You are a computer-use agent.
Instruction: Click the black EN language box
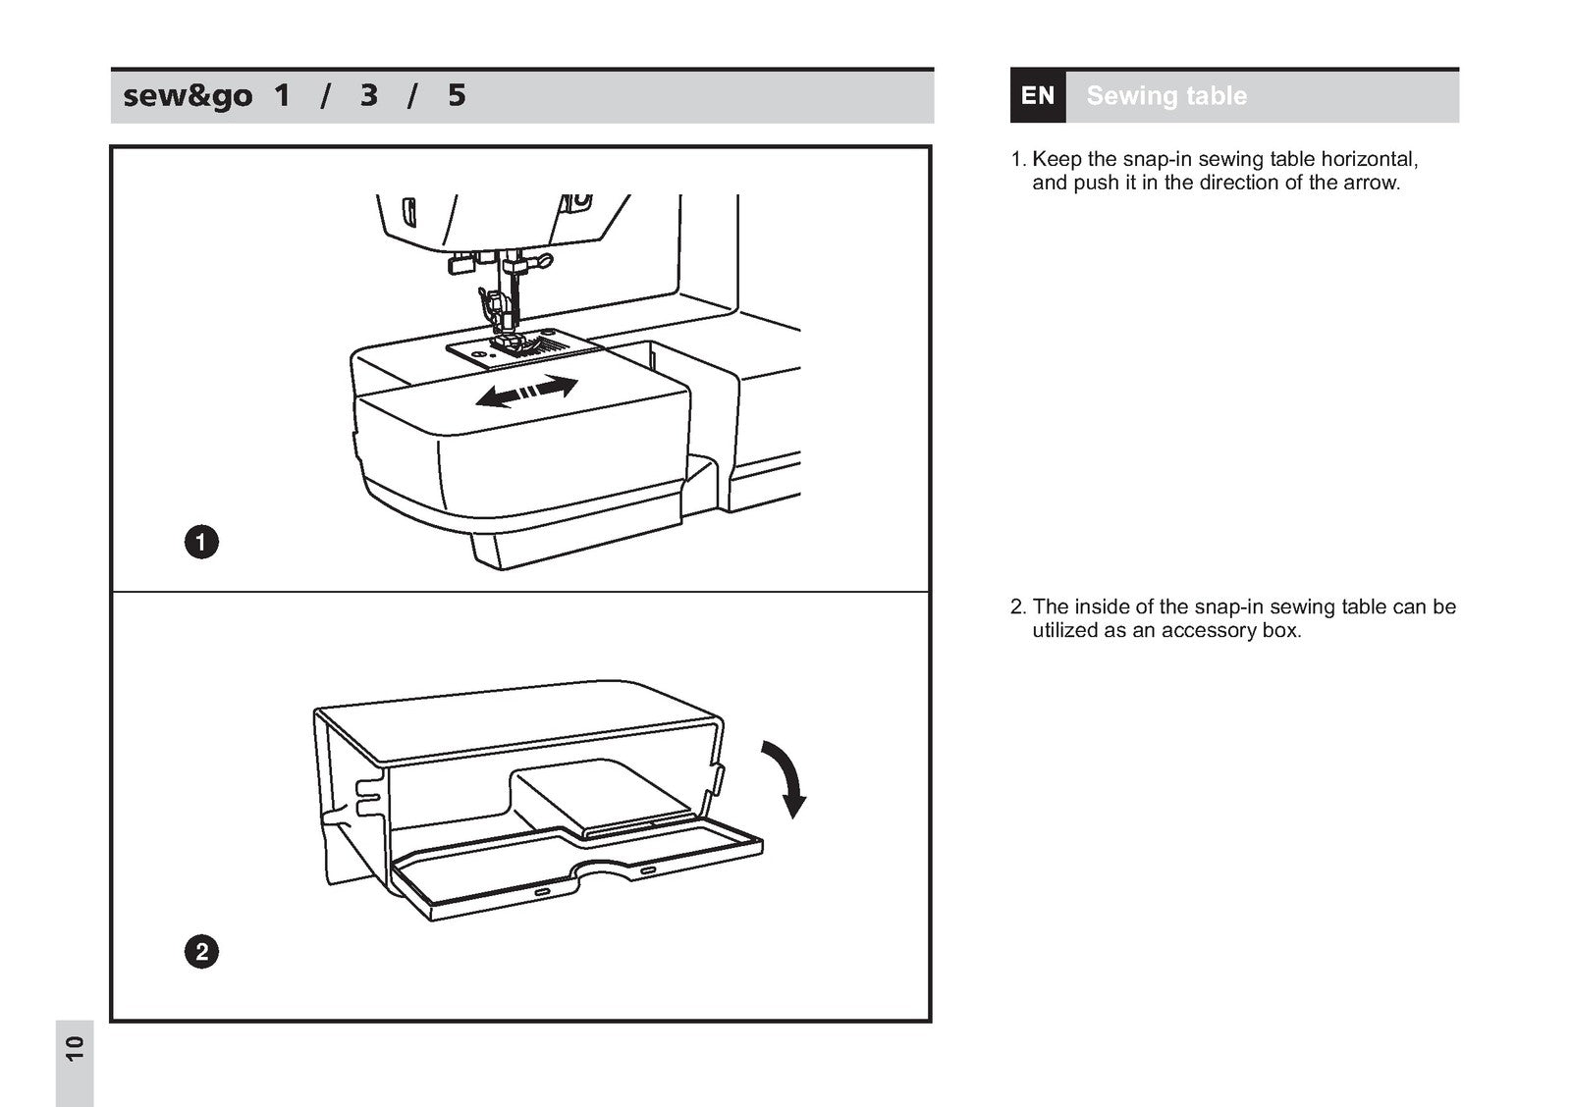coord(1037,96)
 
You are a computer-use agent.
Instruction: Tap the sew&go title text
coord(188,96)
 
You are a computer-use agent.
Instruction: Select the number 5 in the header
coord(457,96)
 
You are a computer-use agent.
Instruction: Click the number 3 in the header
coord(369,96)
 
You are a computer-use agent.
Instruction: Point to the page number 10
coord(75,1048)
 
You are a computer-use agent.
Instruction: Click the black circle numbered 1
coord(201,542)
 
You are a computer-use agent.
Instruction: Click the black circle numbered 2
coord(201,952)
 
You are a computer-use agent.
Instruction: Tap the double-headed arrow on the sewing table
coord(526,391)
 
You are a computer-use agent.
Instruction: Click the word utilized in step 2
coord(1064,631)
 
